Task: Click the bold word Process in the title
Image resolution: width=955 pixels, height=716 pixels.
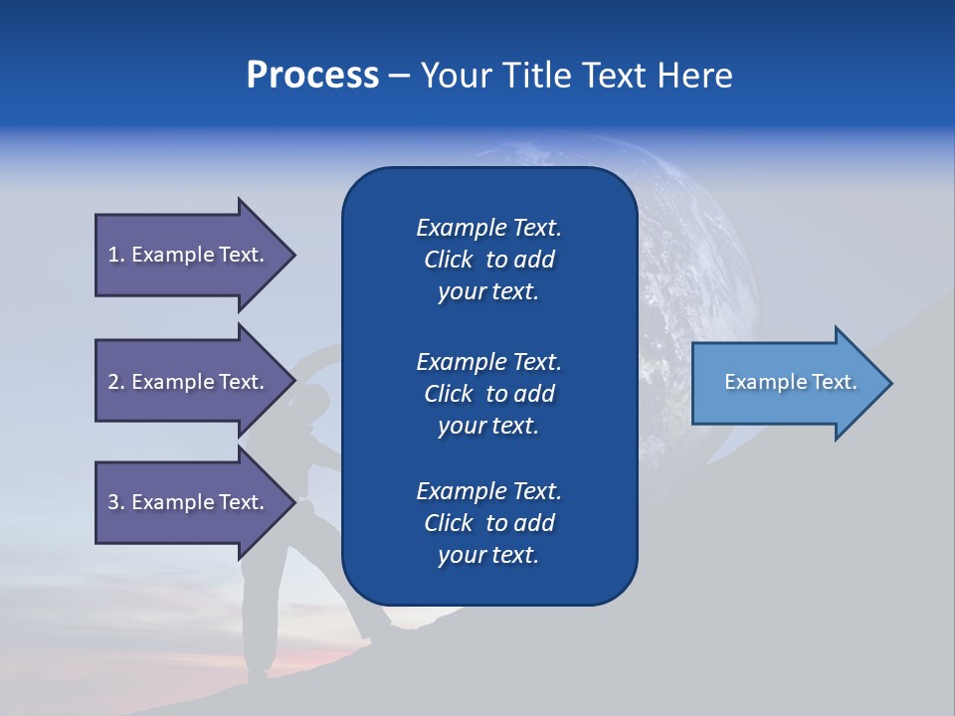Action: [312, 76]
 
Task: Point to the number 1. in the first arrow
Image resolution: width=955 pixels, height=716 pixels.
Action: [116, 255]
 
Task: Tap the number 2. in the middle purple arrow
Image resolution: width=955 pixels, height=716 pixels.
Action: [116, 382]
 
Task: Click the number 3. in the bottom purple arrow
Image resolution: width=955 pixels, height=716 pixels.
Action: [116, 502]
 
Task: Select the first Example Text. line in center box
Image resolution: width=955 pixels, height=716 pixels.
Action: [488, 228]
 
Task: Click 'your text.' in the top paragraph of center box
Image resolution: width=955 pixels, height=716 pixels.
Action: [488, 291]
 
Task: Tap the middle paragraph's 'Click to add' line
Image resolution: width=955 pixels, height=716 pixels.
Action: [488, 394]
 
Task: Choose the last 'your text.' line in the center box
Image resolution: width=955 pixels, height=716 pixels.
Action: [488, 555]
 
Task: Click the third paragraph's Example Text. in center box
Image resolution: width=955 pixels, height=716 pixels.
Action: [488, 491]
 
